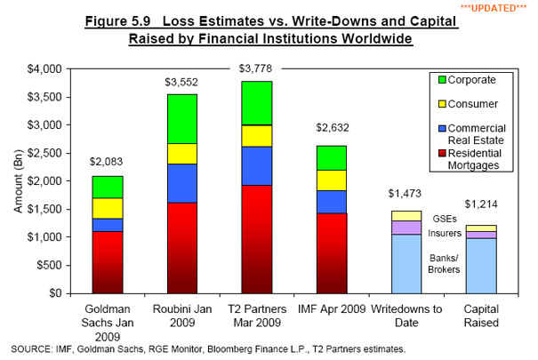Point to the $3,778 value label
coord(257,68)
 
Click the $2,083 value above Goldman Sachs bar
coord(106,163)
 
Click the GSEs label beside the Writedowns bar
coord(444,217)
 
